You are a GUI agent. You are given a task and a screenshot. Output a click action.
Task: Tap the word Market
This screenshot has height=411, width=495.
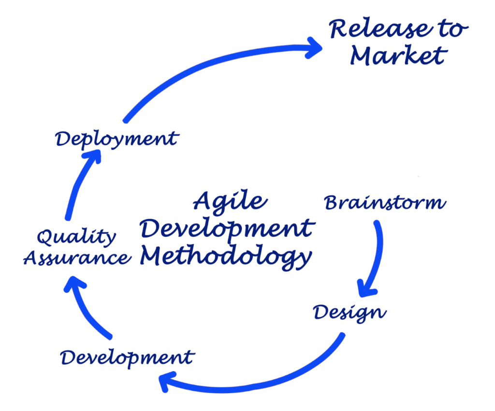[399, 56]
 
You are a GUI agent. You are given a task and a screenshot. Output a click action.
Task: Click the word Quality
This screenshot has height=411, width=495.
[77, 237]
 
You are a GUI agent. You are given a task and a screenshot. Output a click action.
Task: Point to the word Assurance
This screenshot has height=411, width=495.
[77, 258]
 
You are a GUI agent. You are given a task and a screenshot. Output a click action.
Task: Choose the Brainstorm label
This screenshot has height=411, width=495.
[385, 202]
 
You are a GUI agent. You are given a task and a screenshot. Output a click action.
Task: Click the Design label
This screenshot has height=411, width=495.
[350, 313]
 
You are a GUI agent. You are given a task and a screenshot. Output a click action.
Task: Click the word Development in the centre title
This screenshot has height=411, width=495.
[227, 229]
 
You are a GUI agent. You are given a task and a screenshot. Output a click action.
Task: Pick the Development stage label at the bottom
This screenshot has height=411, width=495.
[127, 358]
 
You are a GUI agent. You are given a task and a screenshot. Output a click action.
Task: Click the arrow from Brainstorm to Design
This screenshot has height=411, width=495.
[378, 255]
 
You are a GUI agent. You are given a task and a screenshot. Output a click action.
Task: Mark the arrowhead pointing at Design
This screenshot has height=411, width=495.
[366, 289]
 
